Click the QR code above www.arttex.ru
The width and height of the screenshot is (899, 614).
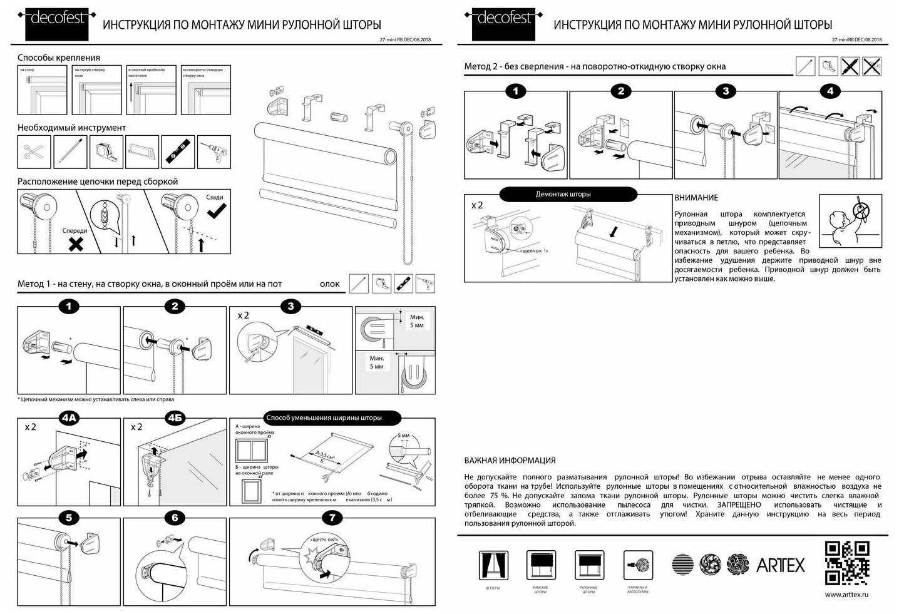(x=848, y=563)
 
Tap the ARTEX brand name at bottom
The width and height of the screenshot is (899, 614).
(x=780, y=565)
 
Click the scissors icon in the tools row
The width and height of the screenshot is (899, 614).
(x=34, y=151)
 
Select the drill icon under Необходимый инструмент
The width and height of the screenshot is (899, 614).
(x=214, y=151)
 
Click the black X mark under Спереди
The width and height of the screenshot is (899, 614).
(x=76, y=244)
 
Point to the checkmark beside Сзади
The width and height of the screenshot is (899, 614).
(x=217, y=212)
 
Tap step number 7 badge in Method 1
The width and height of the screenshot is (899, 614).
(x=331, y=518)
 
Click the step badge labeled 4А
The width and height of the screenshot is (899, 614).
(x=69, y=417)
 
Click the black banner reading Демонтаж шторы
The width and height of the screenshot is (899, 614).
(x=563, y=194)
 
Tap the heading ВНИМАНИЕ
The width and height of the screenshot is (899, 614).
(x=696, y=198)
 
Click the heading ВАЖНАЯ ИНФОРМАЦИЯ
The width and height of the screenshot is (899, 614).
(x=510, y=461)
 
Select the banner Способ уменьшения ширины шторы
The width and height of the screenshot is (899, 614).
(x=323, y=417)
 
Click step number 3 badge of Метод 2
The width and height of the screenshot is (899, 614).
(x=726, y=91)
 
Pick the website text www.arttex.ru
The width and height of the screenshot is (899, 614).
(x=847, y=595)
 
